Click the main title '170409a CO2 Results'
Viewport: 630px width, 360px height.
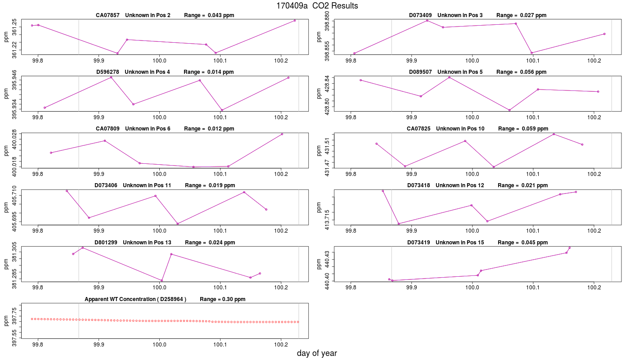pos(317,5)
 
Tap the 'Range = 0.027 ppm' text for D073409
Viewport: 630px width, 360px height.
pos(521,15)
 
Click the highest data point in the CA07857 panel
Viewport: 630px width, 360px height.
pos(294,21)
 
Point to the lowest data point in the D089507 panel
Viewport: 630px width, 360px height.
pos(509,110)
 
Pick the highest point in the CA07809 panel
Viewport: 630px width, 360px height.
pos(282,134)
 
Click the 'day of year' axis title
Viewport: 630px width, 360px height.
pos(317,353)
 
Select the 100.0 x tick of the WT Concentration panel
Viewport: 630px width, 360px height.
pos(159,345)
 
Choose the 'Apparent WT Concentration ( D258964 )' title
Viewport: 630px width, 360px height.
pos(135,299)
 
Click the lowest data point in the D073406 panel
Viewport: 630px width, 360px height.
pos(178,224)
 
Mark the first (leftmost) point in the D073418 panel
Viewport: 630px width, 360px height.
pos(382,191)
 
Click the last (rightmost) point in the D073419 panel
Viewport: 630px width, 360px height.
pos(570,248)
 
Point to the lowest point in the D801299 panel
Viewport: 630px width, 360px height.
pos(162,280)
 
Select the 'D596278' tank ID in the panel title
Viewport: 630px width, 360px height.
pos(108,72)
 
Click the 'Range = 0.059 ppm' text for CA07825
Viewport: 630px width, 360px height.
pos(523,129)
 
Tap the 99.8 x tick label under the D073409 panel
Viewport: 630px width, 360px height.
pos(351,60)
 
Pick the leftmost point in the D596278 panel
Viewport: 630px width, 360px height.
pos(45,108)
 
